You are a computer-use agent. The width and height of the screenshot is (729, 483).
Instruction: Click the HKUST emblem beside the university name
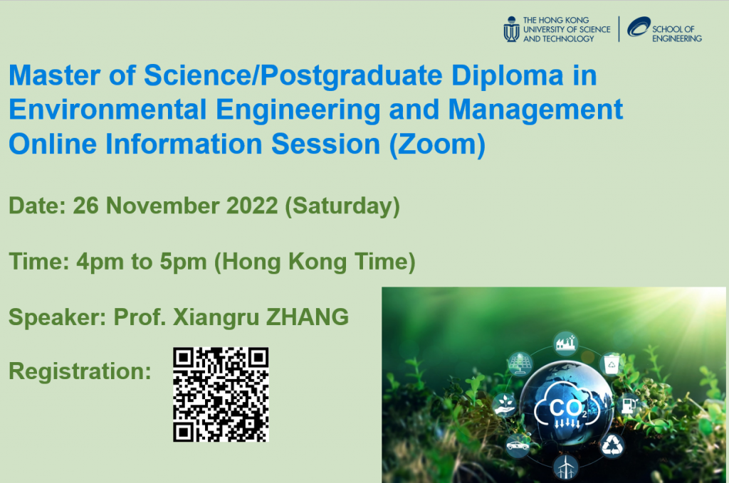pyautogui.click(x=511, y=29)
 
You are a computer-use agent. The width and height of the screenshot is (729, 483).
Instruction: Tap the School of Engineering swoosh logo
pyautogui.click(x=639, y=26)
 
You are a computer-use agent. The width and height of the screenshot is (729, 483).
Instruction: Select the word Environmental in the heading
pyautogui.click(x=107, y=110)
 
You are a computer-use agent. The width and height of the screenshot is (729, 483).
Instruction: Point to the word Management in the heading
pyautogui.click(x=535, y=110)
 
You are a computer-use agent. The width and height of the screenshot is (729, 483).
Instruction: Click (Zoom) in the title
pyautogui.click(x=437, y=144)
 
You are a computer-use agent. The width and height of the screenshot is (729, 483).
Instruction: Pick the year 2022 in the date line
pyautogui.click(x=251, y=206)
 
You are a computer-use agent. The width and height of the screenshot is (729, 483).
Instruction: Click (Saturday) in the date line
pyautogui.click(x=342, y=207)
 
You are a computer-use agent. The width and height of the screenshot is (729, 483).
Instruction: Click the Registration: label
pyautogui.click(x=80, y=371)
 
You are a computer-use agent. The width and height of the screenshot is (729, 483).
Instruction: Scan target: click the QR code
pyautogui.click(x=221, y=394)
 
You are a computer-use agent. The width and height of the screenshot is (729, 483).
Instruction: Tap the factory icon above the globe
pyautogui.click(x=565, y=344)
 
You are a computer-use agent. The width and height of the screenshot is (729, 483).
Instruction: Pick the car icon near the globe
pyautogui.click(x=518, y=445)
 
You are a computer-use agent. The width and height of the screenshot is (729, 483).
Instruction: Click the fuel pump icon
pyautogui.click(x=629, y=405)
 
